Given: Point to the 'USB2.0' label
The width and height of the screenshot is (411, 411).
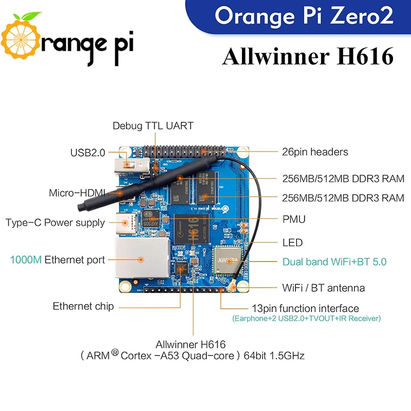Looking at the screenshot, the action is click(x=87, y=153).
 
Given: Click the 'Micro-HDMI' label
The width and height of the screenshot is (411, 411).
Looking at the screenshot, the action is click(x=77, y=193).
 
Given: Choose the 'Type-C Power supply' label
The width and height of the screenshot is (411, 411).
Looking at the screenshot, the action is click(x=55, y=223).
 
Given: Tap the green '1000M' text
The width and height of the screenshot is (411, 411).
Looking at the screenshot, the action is click(x=26, y=260).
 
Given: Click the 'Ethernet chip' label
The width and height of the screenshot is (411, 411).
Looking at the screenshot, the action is click(x=83, y=307).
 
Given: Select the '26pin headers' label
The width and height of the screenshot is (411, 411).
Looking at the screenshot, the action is click(x=315, y=152).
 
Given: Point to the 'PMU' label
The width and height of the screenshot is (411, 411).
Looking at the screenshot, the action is click(x=294, y=219).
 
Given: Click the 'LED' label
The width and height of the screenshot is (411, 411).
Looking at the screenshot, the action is click(x=292, y=242).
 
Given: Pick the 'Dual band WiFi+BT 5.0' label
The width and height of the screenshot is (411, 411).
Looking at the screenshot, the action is click(x=334, y=262).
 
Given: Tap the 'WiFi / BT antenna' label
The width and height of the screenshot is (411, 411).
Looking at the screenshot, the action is click(x=324, y=288).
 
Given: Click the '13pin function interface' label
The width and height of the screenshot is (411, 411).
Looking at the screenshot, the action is click(x=305, y=309).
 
